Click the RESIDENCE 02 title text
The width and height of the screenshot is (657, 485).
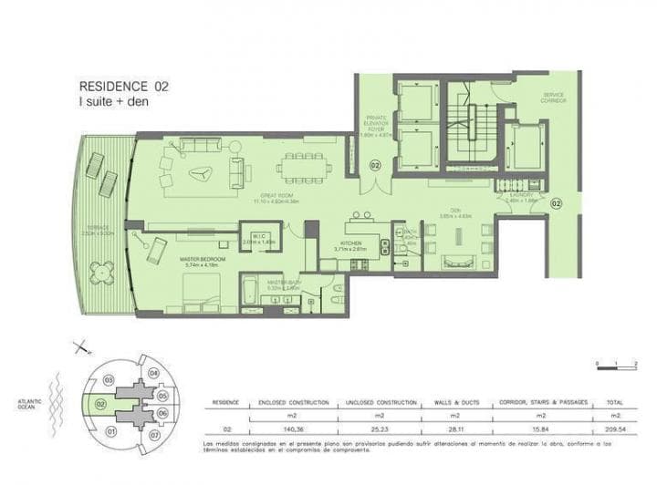(x=124, y=87)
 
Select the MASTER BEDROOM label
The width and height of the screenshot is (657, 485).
(x=202, y=261)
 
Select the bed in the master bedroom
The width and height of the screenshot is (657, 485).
(x=203, y=292)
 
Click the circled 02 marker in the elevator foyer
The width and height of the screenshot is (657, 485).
(x=375, y=166)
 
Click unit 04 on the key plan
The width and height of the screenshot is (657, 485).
(x=153, y=374)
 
